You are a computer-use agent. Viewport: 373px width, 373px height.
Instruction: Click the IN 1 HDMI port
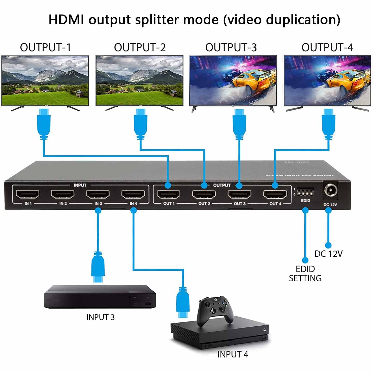[x=28, y=194]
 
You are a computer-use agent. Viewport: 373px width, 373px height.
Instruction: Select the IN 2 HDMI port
[x=63, y=194]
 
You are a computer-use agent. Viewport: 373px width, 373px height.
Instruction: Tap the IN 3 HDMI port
[x=98, y=194]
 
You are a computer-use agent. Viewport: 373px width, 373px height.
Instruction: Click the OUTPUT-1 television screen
[x=45, y=81]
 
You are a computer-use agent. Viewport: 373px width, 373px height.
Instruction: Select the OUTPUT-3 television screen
[x=233, y=81]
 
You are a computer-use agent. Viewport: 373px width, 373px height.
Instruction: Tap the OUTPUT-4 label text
[x=327, y=48]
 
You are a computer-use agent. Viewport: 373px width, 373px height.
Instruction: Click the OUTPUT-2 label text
[x=140, y=48]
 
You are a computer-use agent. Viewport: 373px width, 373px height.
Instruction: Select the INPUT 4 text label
[x=232, y=354]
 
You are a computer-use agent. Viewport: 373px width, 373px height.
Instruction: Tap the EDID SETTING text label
[x=305, y=274]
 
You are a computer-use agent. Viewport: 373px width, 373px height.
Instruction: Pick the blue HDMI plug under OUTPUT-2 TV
[x=140, y=124]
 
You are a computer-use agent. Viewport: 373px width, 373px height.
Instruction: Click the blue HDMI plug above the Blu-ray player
[x=98, y=267]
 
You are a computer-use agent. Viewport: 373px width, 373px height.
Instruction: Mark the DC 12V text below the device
[x=328, y=254]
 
